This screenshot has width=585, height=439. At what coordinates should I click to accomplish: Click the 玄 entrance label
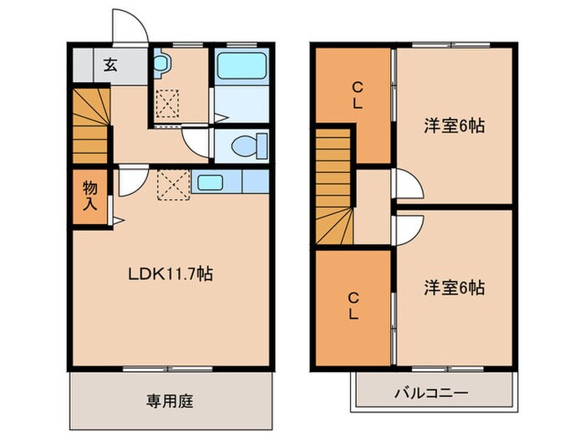pyautogui.click(x=110, y=64)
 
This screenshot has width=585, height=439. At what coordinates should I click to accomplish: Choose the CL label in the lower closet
pyautogui.click(x=354, y=305)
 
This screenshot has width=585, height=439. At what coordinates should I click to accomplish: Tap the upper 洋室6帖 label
pyautogui.click(x=454, y=126)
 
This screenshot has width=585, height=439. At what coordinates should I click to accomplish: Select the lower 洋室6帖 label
pyautogui.click(x=454, y=288)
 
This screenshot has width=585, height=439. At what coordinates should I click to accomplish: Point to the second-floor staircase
pyautogui.click(x=334, y=188)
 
